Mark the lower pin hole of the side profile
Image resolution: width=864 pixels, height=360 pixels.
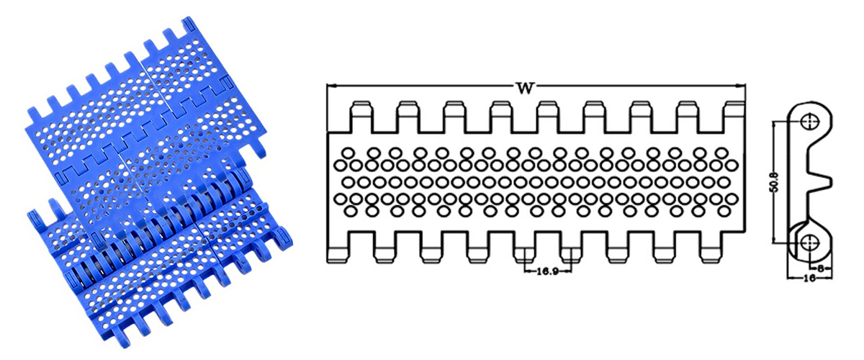tap(810, 241)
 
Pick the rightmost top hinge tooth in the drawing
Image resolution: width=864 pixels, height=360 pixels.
tap(734, 117)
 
